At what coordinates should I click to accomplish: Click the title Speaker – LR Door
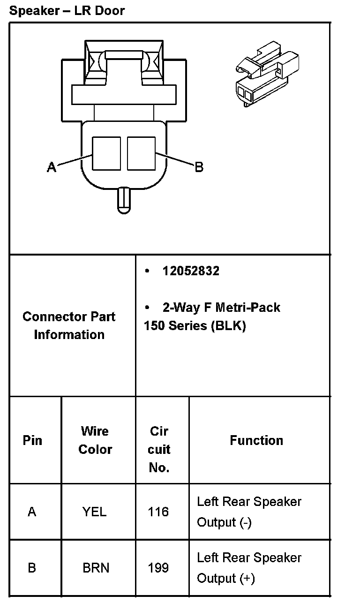click(x=67, y=10)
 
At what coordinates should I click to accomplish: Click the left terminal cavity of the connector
click(x=106, y=153)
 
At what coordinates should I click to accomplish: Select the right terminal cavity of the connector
click(x=141, y=153)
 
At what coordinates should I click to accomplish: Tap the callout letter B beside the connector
click(x=199, y=167)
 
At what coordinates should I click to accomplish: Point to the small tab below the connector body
click(x=124, y=200)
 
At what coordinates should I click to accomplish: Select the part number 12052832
click(x=191, y=271)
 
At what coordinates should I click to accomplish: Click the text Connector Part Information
click(x=69, y=325)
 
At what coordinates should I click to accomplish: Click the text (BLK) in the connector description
click(x=228, y=326)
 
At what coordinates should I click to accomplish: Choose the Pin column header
click(x=32, y=440)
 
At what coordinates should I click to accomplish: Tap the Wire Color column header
click(x=95, y=440)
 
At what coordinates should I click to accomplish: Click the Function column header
click(x=256, y=440)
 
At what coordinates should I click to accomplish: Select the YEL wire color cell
click(x=95, y=512)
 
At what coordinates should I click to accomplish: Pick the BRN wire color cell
click(x=96, y=568)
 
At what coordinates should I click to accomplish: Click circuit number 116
click(x=158, y=512)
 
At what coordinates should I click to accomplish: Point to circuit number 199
click(x=158, y=568)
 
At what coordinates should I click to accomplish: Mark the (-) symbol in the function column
click(x=245, y=522)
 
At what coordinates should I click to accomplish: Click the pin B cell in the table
click(x=32, y=568)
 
